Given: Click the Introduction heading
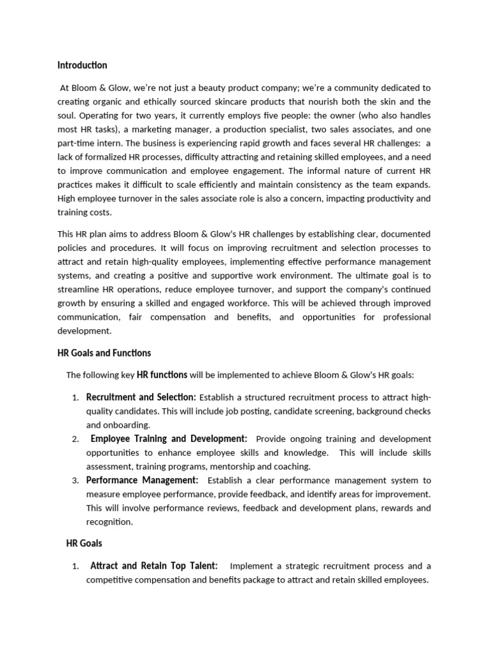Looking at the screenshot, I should click(x=82, y=65).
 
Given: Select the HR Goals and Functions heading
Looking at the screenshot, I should click(x=104, y=352).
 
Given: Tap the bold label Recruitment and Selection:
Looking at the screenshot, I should click(x=141, y=397).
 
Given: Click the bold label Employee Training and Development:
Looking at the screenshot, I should click(x=169, y=439).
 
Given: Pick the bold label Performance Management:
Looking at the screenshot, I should click(x=142, y=479).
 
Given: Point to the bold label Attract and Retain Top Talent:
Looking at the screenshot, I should click(x=153, y=565).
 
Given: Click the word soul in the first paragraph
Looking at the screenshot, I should click(x=68, y=115).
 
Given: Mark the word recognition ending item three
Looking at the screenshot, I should click(x=109, y=522).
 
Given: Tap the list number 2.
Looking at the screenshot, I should click(x=74, y=439).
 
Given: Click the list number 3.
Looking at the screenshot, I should click(x=74, y=480).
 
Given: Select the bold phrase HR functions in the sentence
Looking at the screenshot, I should click(x=162, y=375).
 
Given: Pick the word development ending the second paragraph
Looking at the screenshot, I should click(x=84, y=331).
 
